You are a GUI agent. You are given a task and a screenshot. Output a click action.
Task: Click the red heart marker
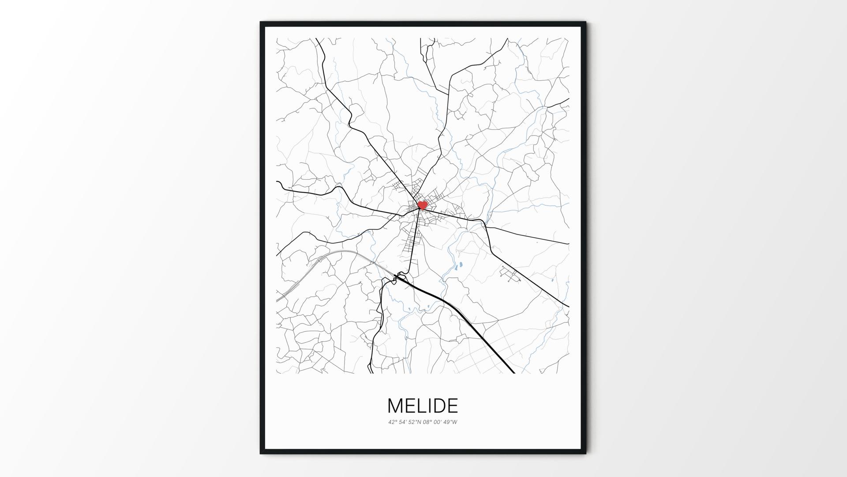[422, 205]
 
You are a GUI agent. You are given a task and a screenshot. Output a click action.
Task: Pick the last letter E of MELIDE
[453, 405]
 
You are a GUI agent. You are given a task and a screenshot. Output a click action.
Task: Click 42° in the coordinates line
[393, 422]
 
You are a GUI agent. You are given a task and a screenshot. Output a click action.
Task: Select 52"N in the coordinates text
[416, 422]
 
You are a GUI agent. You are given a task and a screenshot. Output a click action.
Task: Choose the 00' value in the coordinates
[439, 422]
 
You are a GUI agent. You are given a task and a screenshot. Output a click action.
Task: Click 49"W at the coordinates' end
[451, 422]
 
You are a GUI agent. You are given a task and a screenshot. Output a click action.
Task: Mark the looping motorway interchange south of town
[401, 277]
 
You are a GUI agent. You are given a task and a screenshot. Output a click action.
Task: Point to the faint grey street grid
[485, 349]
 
